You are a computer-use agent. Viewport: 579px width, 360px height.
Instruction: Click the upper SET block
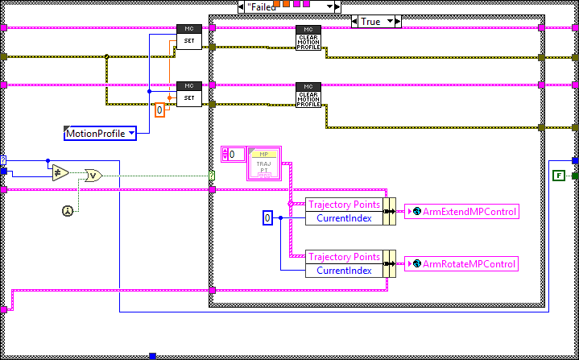(x=189, y=37)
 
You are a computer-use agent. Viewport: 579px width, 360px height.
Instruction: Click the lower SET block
(x=189, y=93)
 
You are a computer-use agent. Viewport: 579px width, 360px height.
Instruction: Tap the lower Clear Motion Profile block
(x=308, y=95)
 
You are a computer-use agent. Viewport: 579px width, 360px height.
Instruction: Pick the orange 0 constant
(x=160, y=110)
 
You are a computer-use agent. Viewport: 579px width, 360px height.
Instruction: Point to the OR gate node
(x=93, y=175)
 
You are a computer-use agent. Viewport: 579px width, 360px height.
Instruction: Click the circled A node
(x=68, y=210)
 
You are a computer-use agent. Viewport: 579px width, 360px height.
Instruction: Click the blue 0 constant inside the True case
(x=270, y=218)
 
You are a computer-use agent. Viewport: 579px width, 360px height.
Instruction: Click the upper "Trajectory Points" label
(x=345, y=205)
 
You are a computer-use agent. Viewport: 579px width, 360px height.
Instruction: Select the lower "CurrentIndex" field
(x=343, y=270)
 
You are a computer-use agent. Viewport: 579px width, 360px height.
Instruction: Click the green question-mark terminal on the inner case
(x=213, y=175)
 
